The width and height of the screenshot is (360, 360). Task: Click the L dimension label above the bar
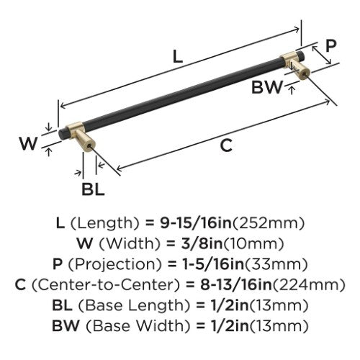(x=178, y=57)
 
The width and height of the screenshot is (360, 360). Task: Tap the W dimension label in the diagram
(x=29, y=143)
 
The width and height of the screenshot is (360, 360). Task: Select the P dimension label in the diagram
(x=331, y=45)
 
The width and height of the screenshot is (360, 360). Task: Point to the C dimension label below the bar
(x=226, y=145)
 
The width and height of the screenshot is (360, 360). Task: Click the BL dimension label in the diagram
(x=93, y=189)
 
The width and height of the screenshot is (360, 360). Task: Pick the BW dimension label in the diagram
(x=267, y=87)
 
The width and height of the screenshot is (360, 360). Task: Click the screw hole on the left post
(x=90, y=146)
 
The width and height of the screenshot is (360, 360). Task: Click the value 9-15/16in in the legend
(x=196, y=223)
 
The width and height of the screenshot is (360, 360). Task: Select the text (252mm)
(x=269, y=224)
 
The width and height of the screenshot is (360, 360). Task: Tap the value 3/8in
(x=202, y=243)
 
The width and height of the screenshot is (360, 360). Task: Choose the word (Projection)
(x=115, y=265)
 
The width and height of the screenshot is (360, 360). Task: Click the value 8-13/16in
(x=236, y=284)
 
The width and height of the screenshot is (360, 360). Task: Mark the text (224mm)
(x=309, y=285)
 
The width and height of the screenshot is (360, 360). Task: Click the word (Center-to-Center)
(x=106, y=285)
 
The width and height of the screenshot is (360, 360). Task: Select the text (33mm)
(x=276, y=265)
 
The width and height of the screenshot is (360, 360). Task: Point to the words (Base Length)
(x=134, y=306)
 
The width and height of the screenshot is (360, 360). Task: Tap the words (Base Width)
(x=138, y=326)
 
